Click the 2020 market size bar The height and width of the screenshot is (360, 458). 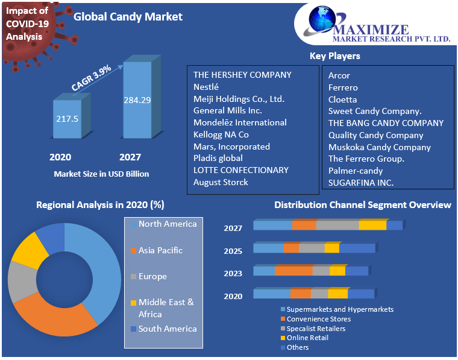67,119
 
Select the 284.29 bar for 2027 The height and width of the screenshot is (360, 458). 137,100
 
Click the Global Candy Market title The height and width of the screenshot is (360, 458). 128,17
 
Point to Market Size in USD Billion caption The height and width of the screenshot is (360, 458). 101,174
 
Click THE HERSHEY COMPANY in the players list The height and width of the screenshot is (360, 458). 242,75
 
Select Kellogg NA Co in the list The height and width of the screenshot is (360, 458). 221,134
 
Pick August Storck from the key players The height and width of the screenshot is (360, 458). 221,182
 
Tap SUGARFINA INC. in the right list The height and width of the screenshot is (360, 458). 360,183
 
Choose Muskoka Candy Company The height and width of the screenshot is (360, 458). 379,147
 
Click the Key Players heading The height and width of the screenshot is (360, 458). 334,56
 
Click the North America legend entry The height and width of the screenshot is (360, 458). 167,224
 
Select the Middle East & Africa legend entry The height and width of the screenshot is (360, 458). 166,308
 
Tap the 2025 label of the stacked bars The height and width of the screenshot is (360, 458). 233,251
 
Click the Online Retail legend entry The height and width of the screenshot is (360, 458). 307,338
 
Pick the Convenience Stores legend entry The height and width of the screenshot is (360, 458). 318,319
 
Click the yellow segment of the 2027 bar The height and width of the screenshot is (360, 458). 372,226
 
